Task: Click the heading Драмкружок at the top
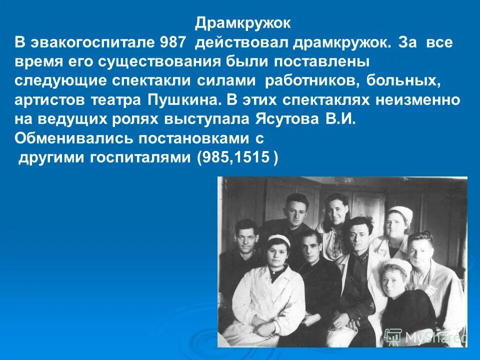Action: pyautogui.click(x=242, y=23)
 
